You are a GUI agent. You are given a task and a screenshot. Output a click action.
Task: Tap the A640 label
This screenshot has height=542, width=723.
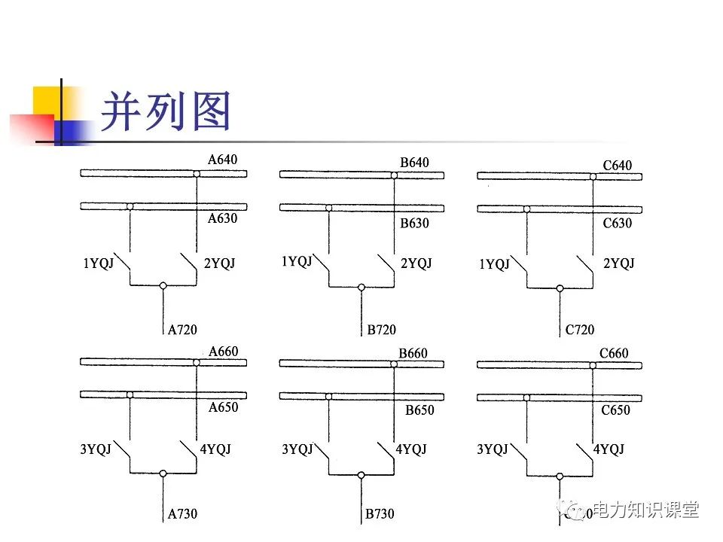point(222,160)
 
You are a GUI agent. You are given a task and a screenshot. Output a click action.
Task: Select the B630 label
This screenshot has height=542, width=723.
point(414,224)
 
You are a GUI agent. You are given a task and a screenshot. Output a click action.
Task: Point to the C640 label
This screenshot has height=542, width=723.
point(617,166)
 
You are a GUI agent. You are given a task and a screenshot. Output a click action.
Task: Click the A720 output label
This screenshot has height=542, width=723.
point(182,329)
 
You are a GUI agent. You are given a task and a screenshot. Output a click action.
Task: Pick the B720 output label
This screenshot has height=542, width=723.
point(381,330)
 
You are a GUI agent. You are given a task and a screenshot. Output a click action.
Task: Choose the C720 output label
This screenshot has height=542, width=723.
point(579,330)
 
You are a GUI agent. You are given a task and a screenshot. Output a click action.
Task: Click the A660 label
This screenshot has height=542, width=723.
point(223,352)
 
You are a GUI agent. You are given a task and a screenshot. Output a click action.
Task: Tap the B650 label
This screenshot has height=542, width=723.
point(419,411)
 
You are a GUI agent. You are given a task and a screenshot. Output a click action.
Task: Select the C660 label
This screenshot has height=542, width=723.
point(614,353)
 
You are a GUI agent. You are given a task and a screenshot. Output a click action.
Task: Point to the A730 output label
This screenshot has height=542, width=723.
point(182,514)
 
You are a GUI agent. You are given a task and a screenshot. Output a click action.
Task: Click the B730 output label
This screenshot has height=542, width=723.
point(380,514)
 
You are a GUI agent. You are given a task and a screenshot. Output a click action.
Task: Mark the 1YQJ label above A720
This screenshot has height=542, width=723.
point(98,263)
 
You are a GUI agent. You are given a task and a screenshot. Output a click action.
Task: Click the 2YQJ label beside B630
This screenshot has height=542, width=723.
point(416,263)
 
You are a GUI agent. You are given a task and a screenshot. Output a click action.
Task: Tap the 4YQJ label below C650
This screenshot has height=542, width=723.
point(609,449)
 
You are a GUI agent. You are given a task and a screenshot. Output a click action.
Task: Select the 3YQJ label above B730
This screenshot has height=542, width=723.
point(297,449)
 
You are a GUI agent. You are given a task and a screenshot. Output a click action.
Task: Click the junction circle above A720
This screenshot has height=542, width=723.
point(163,286)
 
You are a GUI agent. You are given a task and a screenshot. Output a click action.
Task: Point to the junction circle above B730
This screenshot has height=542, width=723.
point(361,475)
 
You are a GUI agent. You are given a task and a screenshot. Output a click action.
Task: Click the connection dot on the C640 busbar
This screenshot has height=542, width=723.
point(593,178)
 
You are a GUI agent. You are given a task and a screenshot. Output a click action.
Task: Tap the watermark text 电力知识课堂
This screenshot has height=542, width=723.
point(646,510)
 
